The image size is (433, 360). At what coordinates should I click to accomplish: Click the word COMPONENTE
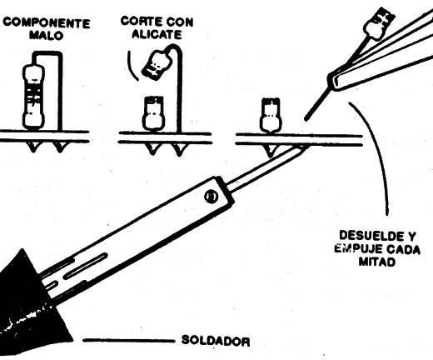click(x=47, y=22)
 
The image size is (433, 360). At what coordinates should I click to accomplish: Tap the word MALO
click(x=47, y=36)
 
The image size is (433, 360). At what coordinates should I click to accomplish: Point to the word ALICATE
click(x=157, y=34)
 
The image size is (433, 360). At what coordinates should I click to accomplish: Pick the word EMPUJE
click(x=358, y=248)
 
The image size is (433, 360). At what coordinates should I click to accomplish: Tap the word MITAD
click(x=377, y=262)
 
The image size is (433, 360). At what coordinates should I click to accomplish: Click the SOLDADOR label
click(x=216, y=341)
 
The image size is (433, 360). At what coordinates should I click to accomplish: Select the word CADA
click(x=403, y=249)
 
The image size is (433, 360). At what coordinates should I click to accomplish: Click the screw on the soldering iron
click(x=212, y=197)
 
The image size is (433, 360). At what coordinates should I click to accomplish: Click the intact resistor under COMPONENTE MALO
click(x=33, y=97)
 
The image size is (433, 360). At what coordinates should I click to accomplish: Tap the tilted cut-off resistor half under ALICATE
click(x=156, y=64)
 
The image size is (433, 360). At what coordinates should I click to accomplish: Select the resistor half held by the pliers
click(x=379, y=23)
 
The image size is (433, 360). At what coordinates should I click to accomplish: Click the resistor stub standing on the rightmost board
click(x=271, y=115)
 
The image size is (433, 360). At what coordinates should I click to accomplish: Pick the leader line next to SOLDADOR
click(x=129, y=340)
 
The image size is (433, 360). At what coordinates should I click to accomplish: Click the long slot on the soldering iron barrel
click(x=86, y=266)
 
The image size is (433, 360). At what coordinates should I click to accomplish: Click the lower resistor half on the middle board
click(x=153, y=113)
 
